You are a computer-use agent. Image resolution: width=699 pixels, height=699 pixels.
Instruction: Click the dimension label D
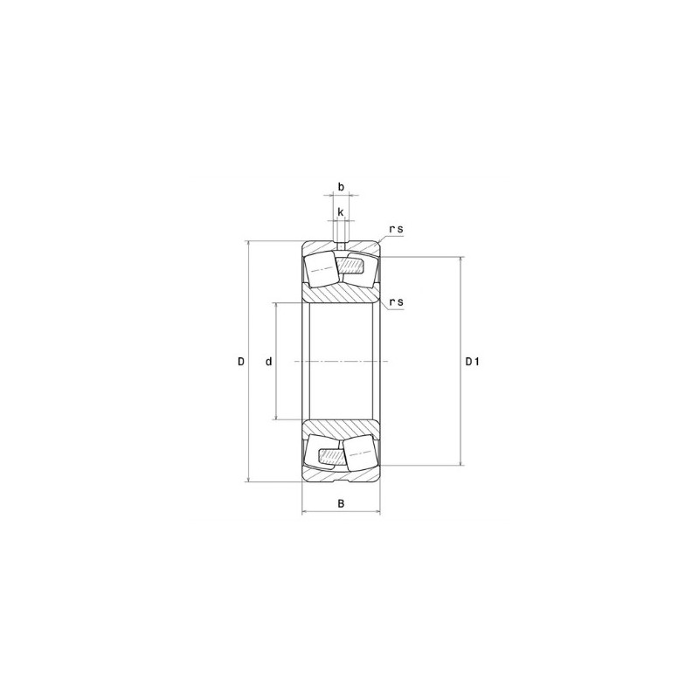241,361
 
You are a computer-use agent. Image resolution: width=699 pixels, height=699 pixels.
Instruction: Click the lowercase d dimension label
268,361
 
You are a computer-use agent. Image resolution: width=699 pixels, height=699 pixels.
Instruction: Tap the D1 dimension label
472,361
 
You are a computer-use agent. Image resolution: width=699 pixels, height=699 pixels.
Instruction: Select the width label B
341,503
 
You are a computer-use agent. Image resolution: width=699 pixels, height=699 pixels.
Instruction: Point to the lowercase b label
341,187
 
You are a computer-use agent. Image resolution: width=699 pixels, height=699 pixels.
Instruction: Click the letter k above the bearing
341,212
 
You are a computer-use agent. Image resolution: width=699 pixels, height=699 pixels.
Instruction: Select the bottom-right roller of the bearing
362,453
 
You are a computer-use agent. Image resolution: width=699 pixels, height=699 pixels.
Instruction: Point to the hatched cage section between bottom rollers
333,455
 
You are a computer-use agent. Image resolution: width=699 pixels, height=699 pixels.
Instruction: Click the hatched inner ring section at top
341,294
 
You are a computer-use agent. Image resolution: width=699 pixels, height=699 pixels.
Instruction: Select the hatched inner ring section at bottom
341,428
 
